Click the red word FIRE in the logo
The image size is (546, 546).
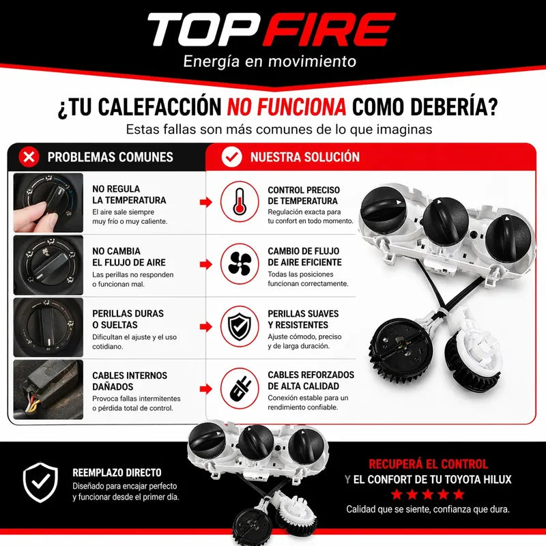tap(329, 29)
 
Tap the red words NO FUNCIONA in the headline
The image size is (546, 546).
tap(287, 106)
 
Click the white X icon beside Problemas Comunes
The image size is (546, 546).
tap(29, 157)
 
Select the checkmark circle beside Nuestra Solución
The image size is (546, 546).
tap(231, 157)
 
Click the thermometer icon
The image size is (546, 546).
tap(240, 201)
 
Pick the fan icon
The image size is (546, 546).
tap(240, 263)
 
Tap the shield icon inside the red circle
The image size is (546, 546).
tap(240, 326)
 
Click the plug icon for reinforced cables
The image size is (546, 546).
tap(240, 388)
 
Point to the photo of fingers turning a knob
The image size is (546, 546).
tap(48, 203)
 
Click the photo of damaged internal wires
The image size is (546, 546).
tap(48, 390)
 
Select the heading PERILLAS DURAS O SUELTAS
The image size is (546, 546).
tap(128, 319)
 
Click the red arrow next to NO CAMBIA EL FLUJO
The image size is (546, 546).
tap(206, 264)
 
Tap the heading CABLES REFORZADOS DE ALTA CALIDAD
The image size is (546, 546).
tap(311, 380)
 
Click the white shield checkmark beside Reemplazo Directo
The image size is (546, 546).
tap(40, 483)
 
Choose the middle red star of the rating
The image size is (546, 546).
tap(428, 494)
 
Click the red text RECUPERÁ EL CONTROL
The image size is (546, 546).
tap(429, 464)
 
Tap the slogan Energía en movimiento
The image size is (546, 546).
tap(270, 61)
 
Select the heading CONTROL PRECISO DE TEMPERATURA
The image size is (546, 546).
tap(304, 195)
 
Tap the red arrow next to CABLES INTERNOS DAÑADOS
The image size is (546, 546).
tap(206, 388)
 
